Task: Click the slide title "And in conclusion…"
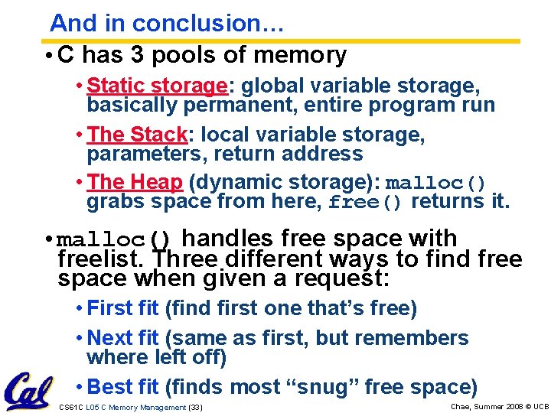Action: point(168,24)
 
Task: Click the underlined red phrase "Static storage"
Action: point(156,86)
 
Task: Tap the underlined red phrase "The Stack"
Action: point(138,135)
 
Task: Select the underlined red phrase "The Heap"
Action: point(135,183)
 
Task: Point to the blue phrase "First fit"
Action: point(123,309)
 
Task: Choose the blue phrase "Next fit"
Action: point(123,338)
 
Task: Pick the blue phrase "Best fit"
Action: point(123,387)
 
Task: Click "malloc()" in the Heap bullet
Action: point(435,184)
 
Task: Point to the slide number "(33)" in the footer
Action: point(195,407)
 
